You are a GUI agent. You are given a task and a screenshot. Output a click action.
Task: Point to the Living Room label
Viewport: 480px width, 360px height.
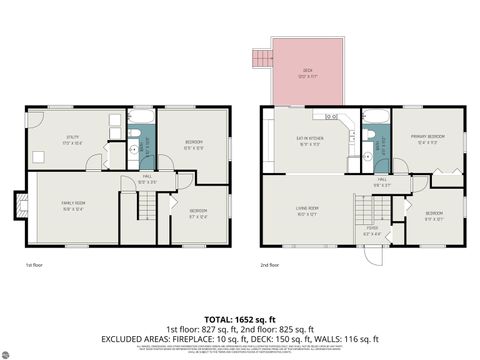pyautogui.click(x=306, y=211)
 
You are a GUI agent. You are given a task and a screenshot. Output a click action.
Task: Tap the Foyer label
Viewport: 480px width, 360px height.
pyautogui.click(x=371, y=234)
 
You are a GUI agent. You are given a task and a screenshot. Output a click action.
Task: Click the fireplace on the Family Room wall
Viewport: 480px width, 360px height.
pyautogui.click(x=18, y=206)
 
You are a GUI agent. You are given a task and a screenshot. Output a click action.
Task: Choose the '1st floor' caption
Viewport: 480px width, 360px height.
pyautogui.click(x=36, y=264)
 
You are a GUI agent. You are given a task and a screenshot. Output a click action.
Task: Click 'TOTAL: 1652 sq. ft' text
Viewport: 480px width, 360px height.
pyautogui.click(x=240, y=317)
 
